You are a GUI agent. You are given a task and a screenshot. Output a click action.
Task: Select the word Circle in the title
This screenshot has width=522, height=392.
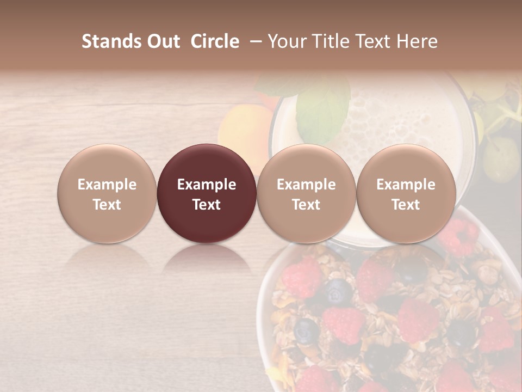pos(215,41)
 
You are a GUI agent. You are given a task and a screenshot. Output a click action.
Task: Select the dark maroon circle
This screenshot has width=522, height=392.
pos(207,193)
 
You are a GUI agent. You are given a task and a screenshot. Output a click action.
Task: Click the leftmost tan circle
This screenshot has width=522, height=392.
pos(107,193)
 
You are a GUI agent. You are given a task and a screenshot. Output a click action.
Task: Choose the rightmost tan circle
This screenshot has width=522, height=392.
pos(406,193)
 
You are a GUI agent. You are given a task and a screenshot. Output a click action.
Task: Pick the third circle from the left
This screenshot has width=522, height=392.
pos(306,193)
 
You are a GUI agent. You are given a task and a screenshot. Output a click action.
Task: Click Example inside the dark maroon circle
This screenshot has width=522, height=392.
pos(207,185)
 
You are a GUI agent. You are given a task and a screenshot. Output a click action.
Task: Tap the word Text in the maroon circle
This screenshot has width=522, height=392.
pos(207,205)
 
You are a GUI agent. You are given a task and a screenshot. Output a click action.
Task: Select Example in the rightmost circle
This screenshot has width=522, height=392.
pos(406,185)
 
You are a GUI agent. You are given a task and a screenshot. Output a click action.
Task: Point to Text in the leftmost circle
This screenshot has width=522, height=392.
pos(107,205)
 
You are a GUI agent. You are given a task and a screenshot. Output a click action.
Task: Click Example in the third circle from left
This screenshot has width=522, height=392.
pos(306,185)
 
